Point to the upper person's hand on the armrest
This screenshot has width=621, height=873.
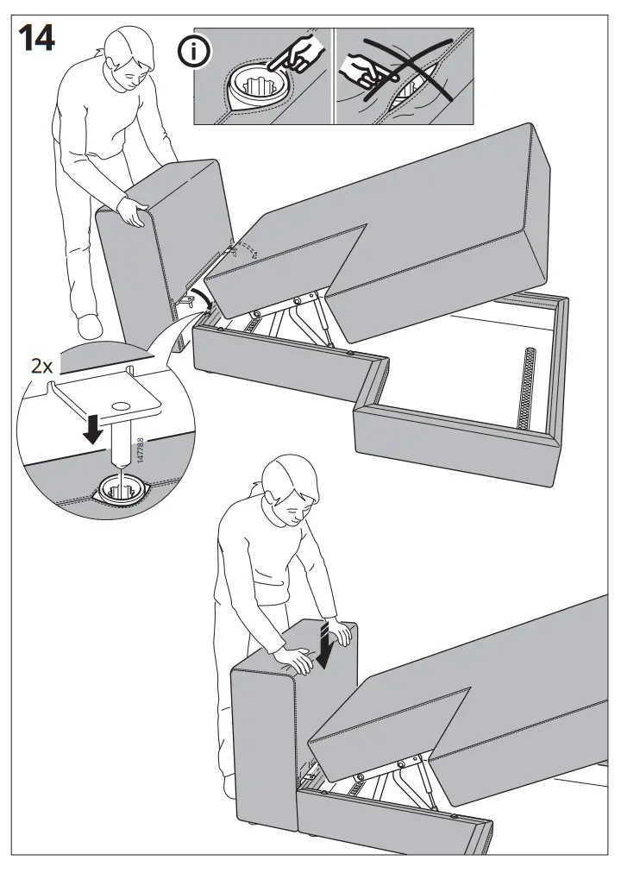pos(131,210)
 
